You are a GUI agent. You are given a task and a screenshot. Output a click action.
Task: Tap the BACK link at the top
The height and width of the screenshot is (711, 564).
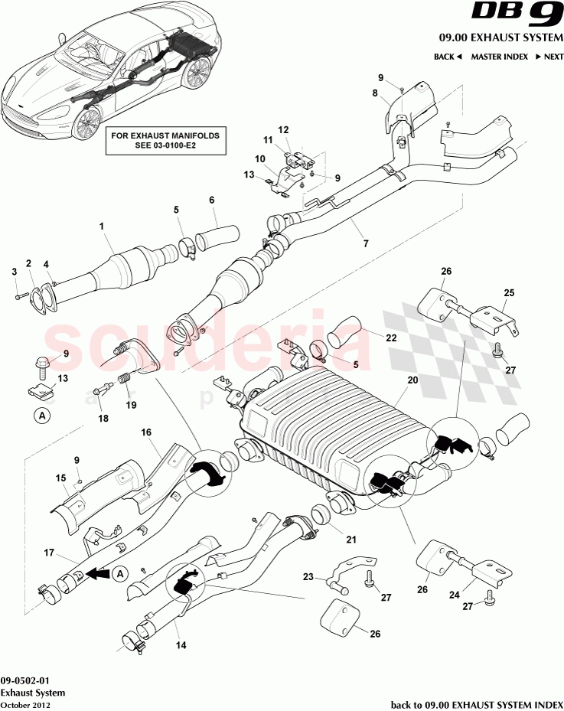448,57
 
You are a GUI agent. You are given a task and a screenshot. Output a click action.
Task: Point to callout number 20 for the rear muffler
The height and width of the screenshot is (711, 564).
412,380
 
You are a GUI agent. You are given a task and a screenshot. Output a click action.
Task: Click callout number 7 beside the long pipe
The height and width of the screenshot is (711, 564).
366,243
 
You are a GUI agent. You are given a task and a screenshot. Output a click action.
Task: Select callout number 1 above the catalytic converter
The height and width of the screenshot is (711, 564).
100,226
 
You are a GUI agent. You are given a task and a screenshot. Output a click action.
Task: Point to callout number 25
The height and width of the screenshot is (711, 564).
509,292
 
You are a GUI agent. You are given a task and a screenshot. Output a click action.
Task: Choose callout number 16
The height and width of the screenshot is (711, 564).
145,432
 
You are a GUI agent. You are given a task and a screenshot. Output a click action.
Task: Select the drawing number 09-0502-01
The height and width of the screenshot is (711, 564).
26,679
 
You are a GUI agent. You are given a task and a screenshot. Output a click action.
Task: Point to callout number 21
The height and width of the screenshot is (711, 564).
351,540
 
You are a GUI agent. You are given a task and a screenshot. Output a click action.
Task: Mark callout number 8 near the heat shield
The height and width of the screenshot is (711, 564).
375,93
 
